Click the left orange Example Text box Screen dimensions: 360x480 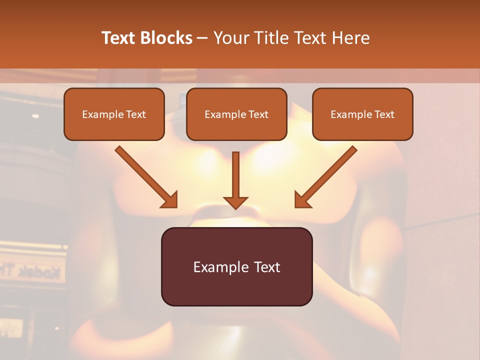click(114, 114)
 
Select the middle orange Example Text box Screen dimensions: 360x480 click(236, 114)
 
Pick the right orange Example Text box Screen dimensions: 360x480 click(362, 114)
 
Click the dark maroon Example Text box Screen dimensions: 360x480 click(236, 266)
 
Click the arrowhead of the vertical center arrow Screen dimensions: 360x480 click(235, 202)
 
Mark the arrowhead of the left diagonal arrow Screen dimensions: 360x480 click(170, 200)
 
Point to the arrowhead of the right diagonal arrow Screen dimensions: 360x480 click(302, 200)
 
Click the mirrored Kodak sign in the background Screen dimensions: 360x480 click(37, 272)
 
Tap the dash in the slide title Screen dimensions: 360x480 click(202, 38)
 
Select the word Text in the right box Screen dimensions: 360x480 click(384, 114)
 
